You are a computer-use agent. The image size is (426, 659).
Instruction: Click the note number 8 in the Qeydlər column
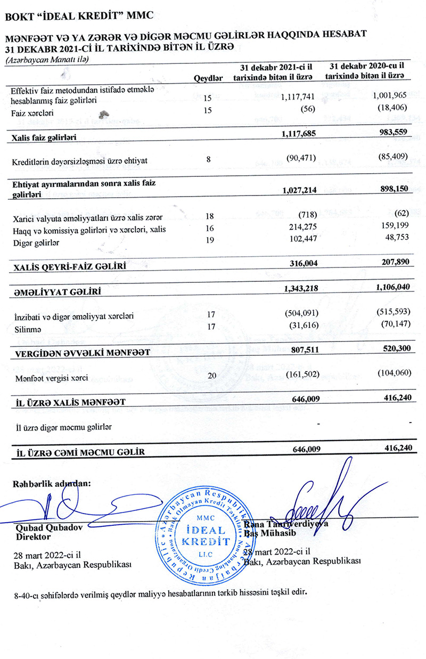tap(208, 158)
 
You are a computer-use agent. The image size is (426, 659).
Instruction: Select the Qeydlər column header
tap(208, 78)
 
